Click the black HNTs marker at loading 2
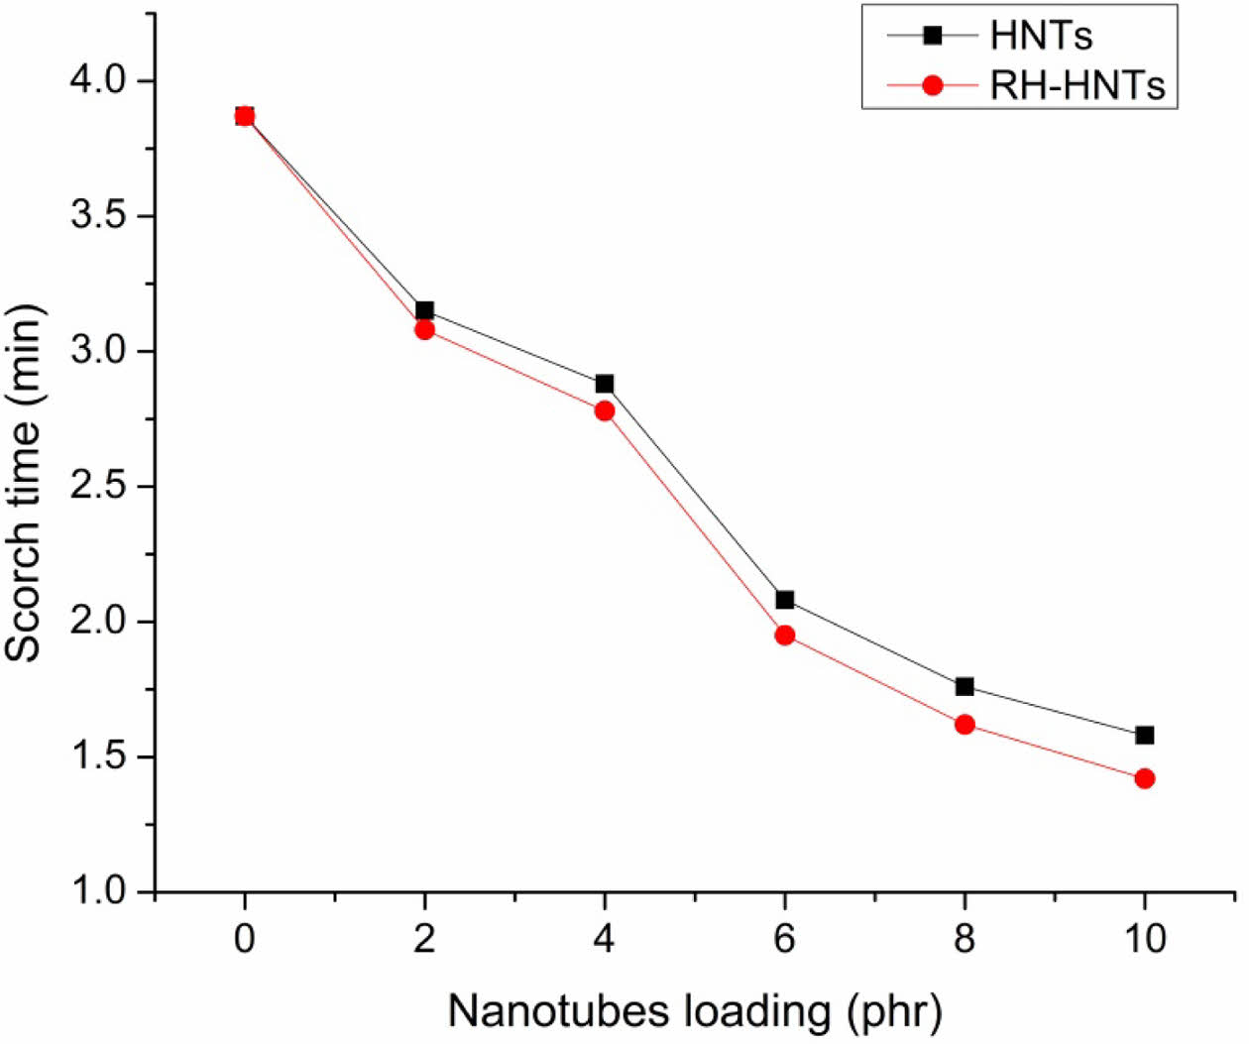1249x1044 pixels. click(424, 310)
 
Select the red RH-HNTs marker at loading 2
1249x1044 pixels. click(424, 329)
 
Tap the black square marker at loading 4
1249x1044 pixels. click(605, 384)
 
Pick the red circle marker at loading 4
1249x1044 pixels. click(605, 410)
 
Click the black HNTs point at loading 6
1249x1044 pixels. click(785, 600)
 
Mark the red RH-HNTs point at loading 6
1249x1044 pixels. click(785, 635)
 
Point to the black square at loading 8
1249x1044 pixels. click(965, 686)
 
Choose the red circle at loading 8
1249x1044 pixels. click(965, 725)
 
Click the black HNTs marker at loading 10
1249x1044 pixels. click(1145, 735)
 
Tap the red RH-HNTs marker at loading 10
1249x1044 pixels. click(1145, 778)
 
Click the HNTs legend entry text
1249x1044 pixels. click(1041, 37)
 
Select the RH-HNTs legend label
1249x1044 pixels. click(1078, 86)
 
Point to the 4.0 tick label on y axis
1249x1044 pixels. click(97, 80)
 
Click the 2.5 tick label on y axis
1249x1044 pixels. click(97, 487)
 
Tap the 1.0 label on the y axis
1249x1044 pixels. click(97, 891)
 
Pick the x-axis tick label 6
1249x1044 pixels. click(785, 938)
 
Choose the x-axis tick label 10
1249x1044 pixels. click(1145, 938)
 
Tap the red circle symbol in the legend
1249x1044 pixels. click(932, 86)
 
